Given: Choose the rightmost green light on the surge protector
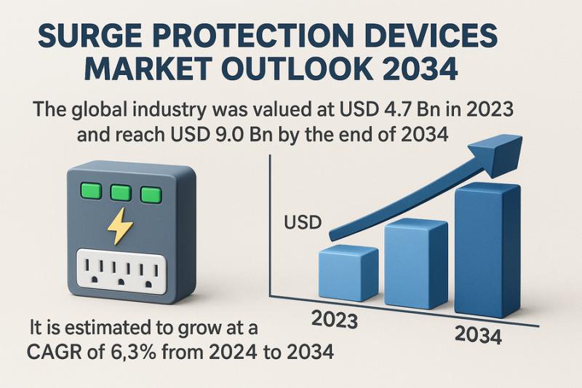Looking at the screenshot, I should [151, 194].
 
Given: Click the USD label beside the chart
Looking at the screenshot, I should [301, 221].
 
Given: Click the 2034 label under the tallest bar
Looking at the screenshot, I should [478, 336].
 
